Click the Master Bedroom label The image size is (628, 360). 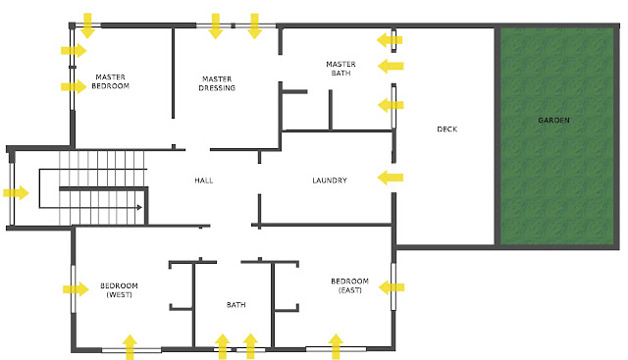(x=110, y=81)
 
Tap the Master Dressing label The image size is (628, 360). (x=217, y=83)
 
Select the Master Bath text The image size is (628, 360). (x=340, y=69)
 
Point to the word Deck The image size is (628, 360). (x=447, y=129)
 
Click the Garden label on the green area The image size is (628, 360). (x=553, y=120)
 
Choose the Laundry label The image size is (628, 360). (x=330, y=180)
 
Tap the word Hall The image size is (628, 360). (x=203, y=180)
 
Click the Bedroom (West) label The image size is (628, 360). (x=119, y=290)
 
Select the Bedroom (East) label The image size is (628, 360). (x=349, y=285)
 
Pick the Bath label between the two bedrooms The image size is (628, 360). (x=235, y=305)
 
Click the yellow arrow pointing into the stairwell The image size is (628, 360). (x=16, y=192)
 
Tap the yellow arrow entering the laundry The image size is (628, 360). (x=391, y=178)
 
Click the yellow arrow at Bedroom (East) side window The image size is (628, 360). (x=392, y=287)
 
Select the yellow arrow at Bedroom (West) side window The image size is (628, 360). (x=76, y=289)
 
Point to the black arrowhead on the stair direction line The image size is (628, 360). (x=139, y=207)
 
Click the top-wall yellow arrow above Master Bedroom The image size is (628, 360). (x=87, y=26)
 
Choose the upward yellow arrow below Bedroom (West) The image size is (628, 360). (x=130, y=347)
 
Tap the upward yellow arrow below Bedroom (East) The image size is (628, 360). (x=336, y=346)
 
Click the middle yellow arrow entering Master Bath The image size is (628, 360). (x=391, y=66)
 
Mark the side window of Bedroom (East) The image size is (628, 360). (x=393, y=286)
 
